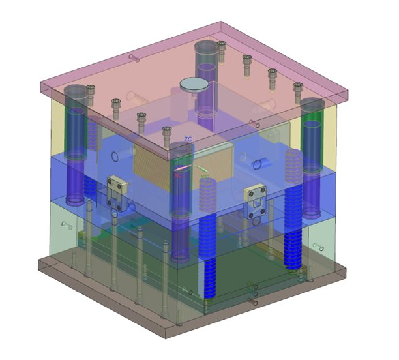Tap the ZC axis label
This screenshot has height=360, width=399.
[188, 140]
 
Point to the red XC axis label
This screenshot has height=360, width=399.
[178, 175]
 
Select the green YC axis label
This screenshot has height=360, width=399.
[204, 176]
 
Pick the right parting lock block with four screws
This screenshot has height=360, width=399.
[254, 200]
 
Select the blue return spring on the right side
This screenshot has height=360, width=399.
[294, 209]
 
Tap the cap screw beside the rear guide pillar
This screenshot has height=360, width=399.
[222, 45]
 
